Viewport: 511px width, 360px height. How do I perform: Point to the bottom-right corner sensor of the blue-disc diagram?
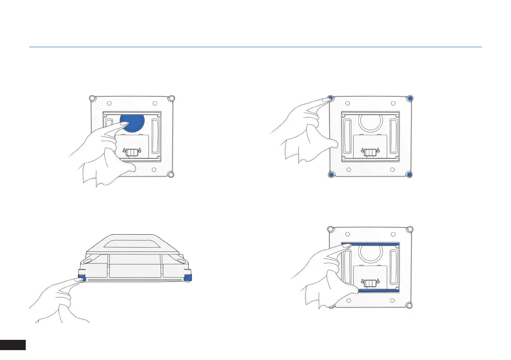[x=171, y=175]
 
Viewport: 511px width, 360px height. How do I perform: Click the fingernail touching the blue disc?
[x=125, y=124]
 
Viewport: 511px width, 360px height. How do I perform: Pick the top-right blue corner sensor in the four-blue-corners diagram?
[x=410, y=98]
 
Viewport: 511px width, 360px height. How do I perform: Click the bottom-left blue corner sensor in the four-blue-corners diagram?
[x=331, y=175]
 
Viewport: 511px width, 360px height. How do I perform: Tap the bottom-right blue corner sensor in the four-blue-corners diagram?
[x=410, y=175]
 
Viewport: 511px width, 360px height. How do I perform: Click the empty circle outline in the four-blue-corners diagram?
[x=369, y=122]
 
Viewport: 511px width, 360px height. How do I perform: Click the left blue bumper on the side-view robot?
[x=82, y=278]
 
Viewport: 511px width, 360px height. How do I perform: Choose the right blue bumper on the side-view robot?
[x=187, y=278]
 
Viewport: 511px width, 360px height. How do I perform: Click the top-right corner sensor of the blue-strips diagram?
[x=410, y=229]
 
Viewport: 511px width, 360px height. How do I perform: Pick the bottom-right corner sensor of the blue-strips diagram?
[x=410, y=305]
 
